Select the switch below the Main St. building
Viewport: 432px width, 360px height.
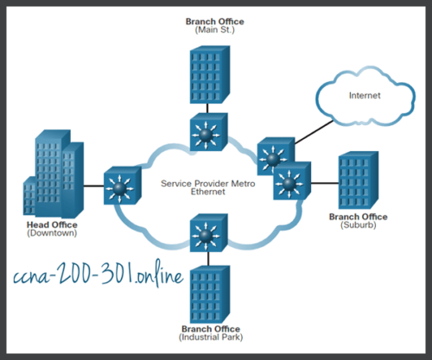(x=207, y=133)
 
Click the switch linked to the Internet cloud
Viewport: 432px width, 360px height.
(x=273, y=156)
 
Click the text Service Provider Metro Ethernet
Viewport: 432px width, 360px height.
(x=206, y=188)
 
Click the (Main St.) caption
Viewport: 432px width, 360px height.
(x=207, y=28)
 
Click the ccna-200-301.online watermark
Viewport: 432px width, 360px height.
(x=99, y=279)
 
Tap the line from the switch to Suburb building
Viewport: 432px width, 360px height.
(x=323, y=182)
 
